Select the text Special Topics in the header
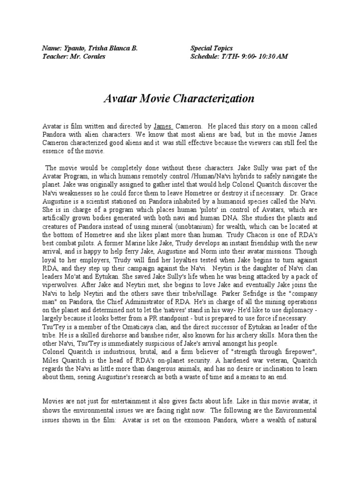[x=211, y=48]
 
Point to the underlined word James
[x=163, y=127]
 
